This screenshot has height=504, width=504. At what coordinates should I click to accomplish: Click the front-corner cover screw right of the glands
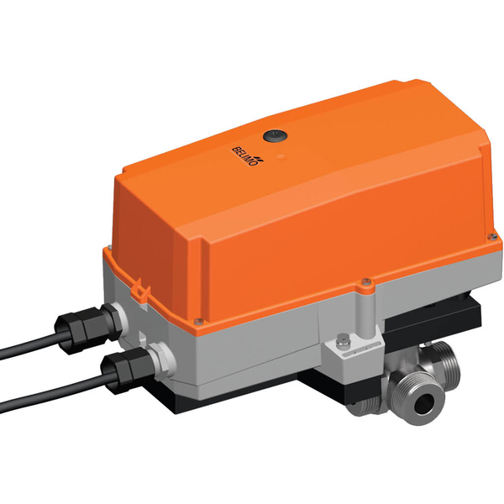pos(196,321)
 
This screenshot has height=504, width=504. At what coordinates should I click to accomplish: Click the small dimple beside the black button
pos(280,155)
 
